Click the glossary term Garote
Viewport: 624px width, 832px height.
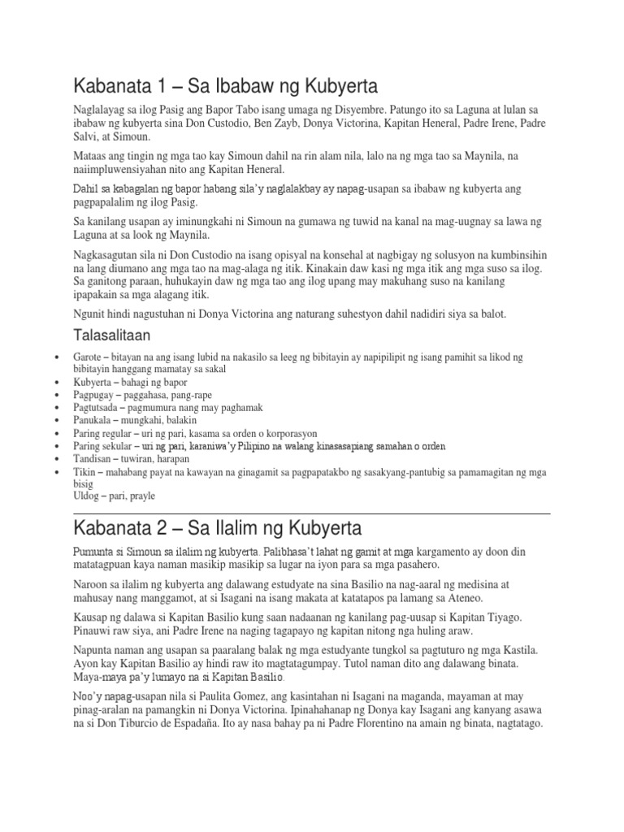point(89,357)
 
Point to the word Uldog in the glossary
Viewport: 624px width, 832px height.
point(88,496)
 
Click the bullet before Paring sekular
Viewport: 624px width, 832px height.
point(54,447)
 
